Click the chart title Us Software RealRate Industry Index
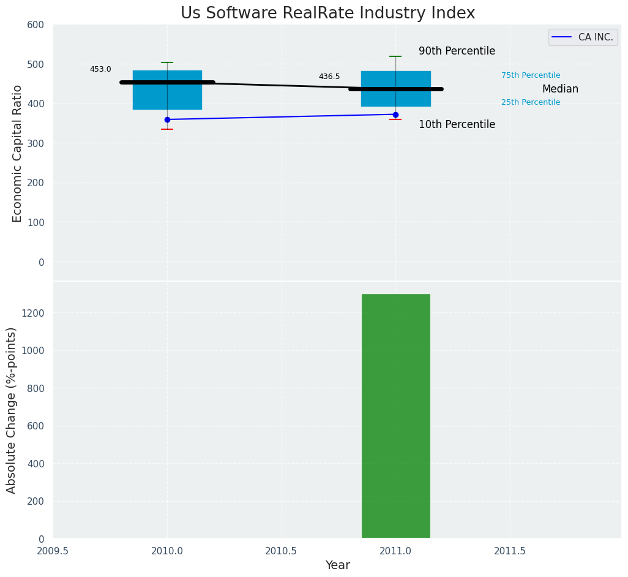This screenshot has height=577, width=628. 327,13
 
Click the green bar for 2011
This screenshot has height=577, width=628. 395,417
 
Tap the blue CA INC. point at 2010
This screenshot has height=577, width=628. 167,119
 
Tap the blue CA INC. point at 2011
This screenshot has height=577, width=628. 395,115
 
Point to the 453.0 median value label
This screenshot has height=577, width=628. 100,69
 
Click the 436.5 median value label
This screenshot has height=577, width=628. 329,77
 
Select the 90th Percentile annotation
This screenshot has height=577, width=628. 457,51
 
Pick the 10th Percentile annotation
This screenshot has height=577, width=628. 457,125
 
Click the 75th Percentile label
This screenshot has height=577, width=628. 531,75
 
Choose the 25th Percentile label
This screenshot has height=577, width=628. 531,102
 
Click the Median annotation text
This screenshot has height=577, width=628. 560,89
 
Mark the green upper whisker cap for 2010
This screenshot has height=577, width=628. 167,62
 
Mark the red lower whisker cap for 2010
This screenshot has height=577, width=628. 167,129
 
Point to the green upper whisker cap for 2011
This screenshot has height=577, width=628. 395,56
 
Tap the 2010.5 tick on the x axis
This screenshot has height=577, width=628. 281,551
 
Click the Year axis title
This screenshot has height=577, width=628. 337,565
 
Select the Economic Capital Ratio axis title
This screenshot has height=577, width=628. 18,153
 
